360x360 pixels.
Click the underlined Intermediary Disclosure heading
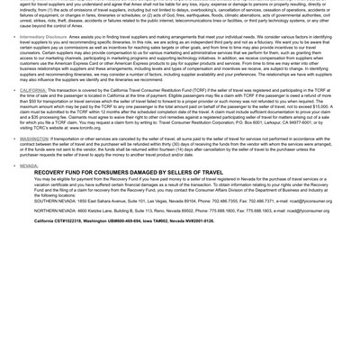[43, 37]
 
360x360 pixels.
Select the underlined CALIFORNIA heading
[33, 91]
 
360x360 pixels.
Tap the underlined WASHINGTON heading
[34, 139]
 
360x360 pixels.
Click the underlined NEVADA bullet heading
[29, 166]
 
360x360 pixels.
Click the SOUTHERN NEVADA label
[55, 201]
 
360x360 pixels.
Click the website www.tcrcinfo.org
[86, 128]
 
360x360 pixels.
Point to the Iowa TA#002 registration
[154, 220]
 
